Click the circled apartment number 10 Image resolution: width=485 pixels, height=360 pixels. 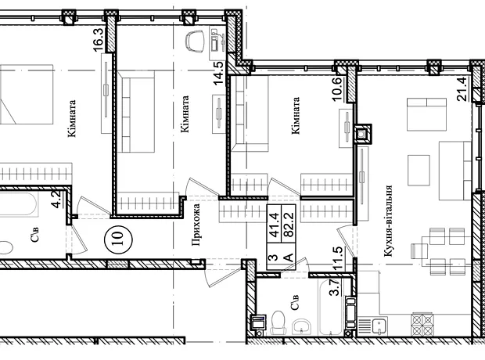click(x=119, y=239)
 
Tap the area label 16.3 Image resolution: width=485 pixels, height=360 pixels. click(x=98, y=41)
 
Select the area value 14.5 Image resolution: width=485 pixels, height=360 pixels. click(x=218, y=74)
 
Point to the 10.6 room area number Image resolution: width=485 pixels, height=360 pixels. click(x=337, y=89)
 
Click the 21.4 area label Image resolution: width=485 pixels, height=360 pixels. click(x=462, y=89)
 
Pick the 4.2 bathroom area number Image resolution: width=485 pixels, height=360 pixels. click(x=57, y=200)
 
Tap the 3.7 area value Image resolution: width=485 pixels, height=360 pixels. click(x=336, y=287)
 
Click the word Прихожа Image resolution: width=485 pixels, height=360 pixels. click(x=196, y=225)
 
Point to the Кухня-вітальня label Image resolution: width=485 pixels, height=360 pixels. click(x=388, y=221)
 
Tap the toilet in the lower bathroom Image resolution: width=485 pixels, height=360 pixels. click(x=278, y=322)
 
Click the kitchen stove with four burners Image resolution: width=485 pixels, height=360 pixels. click(x=422, y=325)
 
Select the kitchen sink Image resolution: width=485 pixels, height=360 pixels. click(x=379, y=326)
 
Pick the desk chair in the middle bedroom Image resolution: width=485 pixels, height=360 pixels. click(x=196, y=42)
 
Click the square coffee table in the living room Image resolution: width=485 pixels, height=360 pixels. click(x=419, y=171)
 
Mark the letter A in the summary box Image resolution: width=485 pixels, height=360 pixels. click(x=289, y=257)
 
